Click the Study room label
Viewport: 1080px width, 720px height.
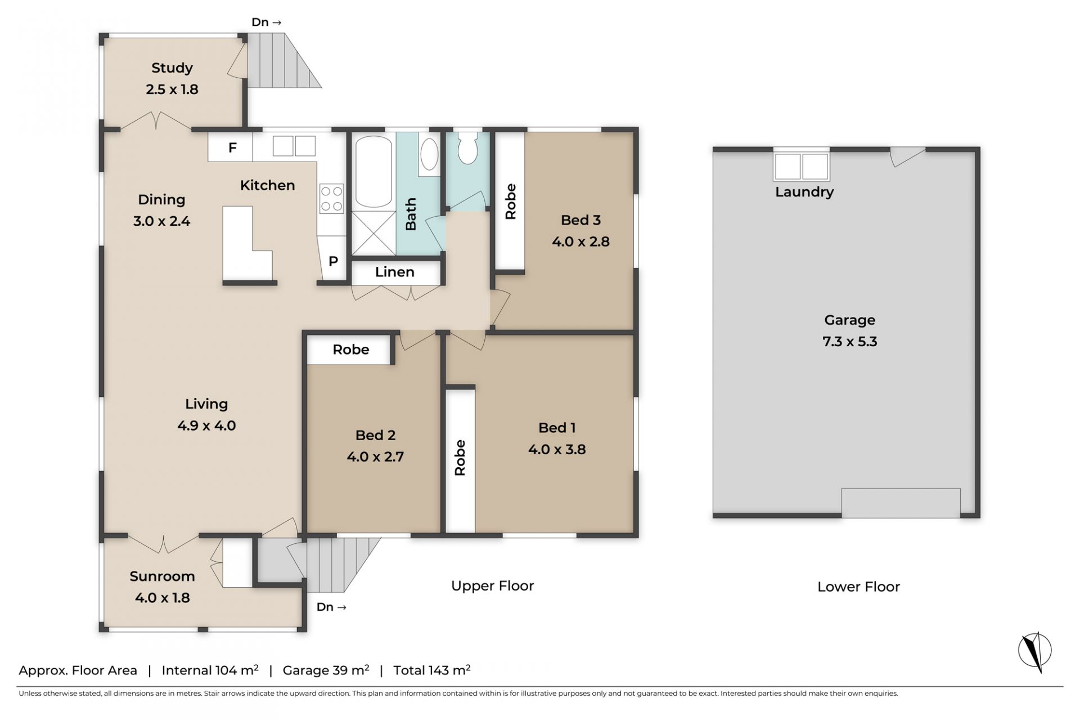pyautogui.click(x=172, y=68)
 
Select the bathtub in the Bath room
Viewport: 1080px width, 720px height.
pyautogui.click(x=373, y=171)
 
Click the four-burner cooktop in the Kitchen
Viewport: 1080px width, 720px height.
pyautogui.click(x=332, y=199)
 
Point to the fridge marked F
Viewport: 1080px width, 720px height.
pyautogui.click(x=232, y=147)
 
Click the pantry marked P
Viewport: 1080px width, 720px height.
pyautogui.click(x=333, y=261)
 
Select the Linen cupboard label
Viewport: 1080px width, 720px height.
pyautogui.click(x=395, y=272)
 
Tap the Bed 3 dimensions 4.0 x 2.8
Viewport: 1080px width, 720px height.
pyautogui.click(x=580, y=242)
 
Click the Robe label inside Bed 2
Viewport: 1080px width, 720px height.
pyautogui.click(x=350, y=350)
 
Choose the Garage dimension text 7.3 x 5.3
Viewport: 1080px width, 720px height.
pyautogui.click(x=849, y=342)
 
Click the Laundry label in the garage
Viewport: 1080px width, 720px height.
pyautogui.click(x=804, y=192)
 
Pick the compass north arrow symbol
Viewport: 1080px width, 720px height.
pyautogui.click(x=1035, y=651)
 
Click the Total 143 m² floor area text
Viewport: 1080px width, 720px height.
pyautogui.click(x=431, y=670)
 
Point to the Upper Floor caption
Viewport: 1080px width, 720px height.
pyautogui.click(x=492, y=586)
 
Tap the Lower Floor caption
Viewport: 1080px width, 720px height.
pyautogui.click(x=858, y=587)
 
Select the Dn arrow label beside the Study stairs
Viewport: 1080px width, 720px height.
pyautogui.click(x=266, y=23)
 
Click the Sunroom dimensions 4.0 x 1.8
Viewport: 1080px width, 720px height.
pyautogui.click(x=163, y=598)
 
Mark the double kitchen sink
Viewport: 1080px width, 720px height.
pyautogui.click(x=294, y=146)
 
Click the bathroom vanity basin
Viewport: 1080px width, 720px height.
pyautogui.click(x=429, y=154)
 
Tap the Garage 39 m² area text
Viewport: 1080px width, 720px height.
pyautogui.click(x=326, y=670)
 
